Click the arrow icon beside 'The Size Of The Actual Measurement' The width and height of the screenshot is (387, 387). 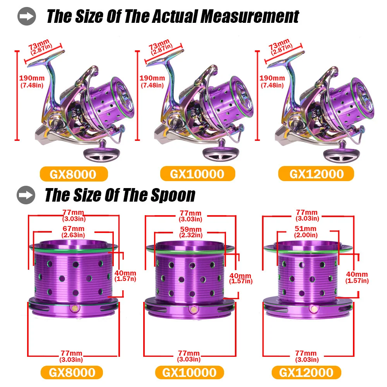[27, 16]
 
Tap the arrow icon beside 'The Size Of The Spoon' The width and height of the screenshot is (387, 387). [26, 195]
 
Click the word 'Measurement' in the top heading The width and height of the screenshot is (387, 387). [250, 17]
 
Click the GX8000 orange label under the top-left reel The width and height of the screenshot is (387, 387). [74, 174]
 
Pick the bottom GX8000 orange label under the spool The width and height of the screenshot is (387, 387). [72, 372]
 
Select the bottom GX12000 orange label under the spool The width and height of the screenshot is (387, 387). [306, 372]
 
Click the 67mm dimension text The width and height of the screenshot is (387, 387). [74, 229]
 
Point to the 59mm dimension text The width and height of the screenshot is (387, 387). [191, 229]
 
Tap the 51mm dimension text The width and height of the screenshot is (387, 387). [306, 229]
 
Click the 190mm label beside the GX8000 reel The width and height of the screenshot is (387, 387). [32, 78]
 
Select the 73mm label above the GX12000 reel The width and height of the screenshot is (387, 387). [279, 45]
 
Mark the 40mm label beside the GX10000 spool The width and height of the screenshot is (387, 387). [240, 276]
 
